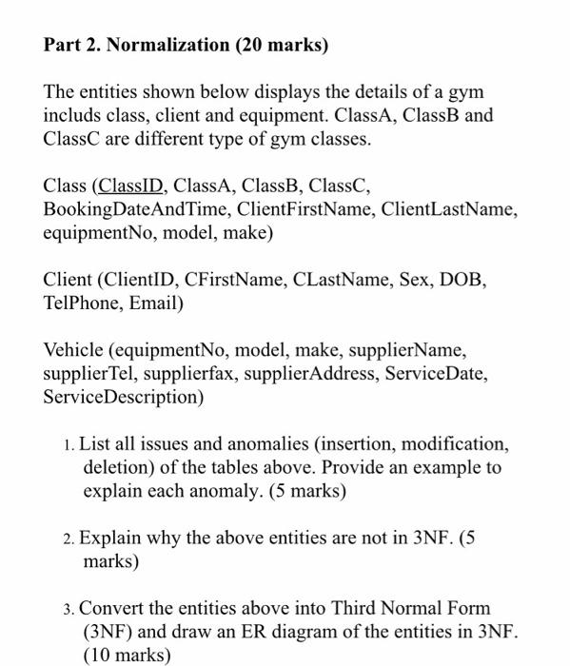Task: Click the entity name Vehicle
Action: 74,351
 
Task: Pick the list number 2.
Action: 69,539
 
